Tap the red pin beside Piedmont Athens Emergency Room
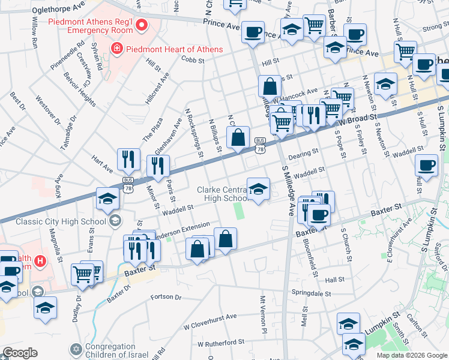click(x=142, y=25)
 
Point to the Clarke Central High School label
click(x=222, y=194)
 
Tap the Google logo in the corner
click(x=20, y=353)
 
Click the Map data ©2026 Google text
click(x=412, y=355)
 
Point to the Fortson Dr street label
click(x=166, y=297)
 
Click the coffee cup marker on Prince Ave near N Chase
click(x=253, y=31)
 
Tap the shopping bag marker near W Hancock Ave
click(x=270, y=86)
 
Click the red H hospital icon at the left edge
click(x=40, y=261)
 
